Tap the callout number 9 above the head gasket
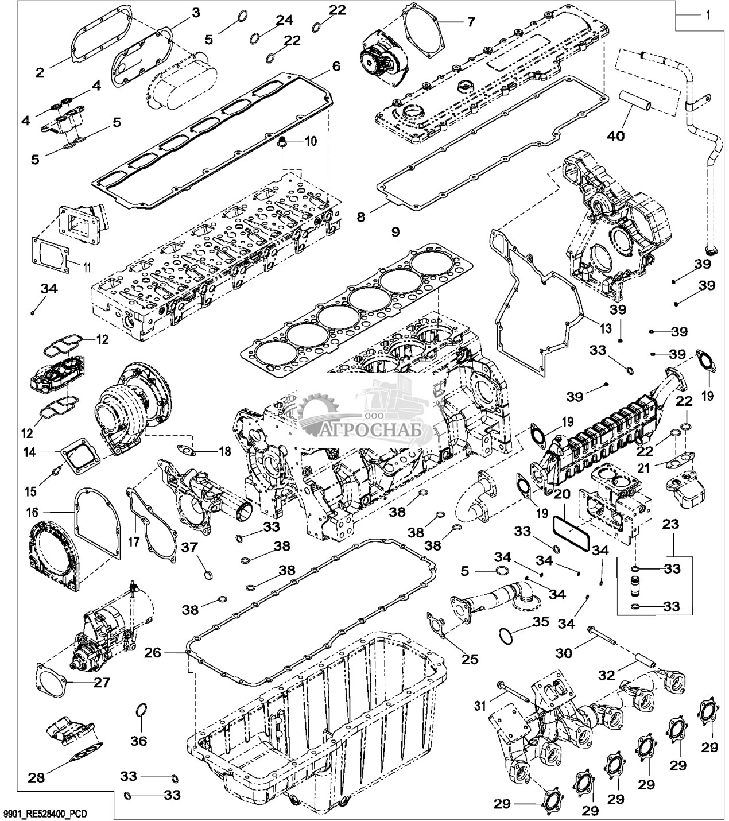click(395, 233)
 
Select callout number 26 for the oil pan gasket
click(152, 652)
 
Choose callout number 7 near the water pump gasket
click(470, 22)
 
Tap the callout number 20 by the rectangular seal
click(561, 494)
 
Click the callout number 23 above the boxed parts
click(670, 524)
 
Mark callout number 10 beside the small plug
click(310, 141)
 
